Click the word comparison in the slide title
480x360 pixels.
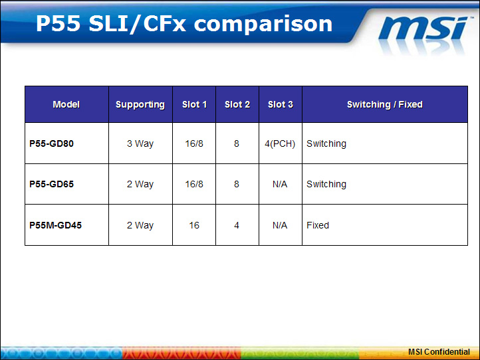263,24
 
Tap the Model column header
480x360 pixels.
66,104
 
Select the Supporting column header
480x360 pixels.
140,105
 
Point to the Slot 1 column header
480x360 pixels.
194,104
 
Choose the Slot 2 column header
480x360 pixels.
237,104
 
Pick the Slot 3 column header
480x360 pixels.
281,104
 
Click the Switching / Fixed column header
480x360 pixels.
385,105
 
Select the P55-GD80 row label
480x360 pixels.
51,143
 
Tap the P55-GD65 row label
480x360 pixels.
51,184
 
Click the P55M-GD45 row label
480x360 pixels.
55,225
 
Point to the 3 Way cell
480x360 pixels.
140,143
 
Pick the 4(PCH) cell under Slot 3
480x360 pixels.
280,143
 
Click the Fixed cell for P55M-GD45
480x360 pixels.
318,225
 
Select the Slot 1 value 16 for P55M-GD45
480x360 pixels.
194,225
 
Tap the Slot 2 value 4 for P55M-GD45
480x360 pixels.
237,225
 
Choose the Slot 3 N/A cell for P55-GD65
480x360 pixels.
280,184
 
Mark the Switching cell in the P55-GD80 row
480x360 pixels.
326,143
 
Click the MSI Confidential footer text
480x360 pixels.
439,352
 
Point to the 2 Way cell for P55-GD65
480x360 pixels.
140,185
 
